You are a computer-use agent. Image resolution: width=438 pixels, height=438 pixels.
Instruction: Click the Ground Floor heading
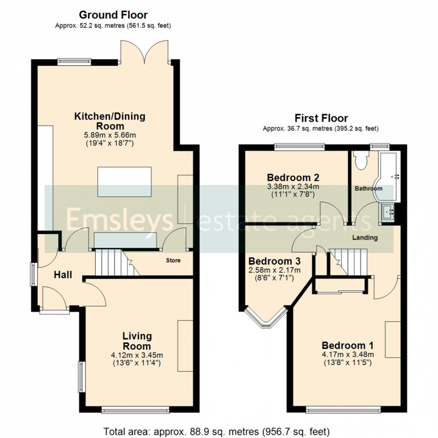(x=113, y=16)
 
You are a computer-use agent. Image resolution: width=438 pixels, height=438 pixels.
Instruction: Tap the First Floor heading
(x=321, y=118)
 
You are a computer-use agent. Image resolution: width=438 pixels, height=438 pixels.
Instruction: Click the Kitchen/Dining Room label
(x=110, y=121)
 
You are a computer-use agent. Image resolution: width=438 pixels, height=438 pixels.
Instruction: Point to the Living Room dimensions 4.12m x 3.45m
(x=137, y=355)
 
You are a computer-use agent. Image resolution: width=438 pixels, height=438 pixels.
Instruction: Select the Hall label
(x=63, y=275)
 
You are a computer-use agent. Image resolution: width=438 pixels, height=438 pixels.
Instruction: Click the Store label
(x=173, y=261)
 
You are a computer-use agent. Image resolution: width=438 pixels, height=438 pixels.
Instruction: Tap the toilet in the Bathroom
(x=360, y=161)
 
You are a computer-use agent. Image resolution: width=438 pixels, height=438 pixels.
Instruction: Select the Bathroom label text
(x=368, y=189)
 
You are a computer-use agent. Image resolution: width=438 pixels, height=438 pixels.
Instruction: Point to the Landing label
(x=365, y=237)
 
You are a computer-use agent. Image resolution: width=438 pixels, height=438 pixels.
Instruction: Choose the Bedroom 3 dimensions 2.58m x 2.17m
(x=274, y=270)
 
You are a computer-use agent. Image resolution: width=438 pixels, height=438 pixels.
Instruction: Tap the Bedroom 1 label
(x=347, y=345)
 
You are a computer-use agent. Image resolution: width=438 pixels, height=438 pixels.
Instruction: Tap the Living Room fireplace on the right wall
(x=185, y=345)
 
